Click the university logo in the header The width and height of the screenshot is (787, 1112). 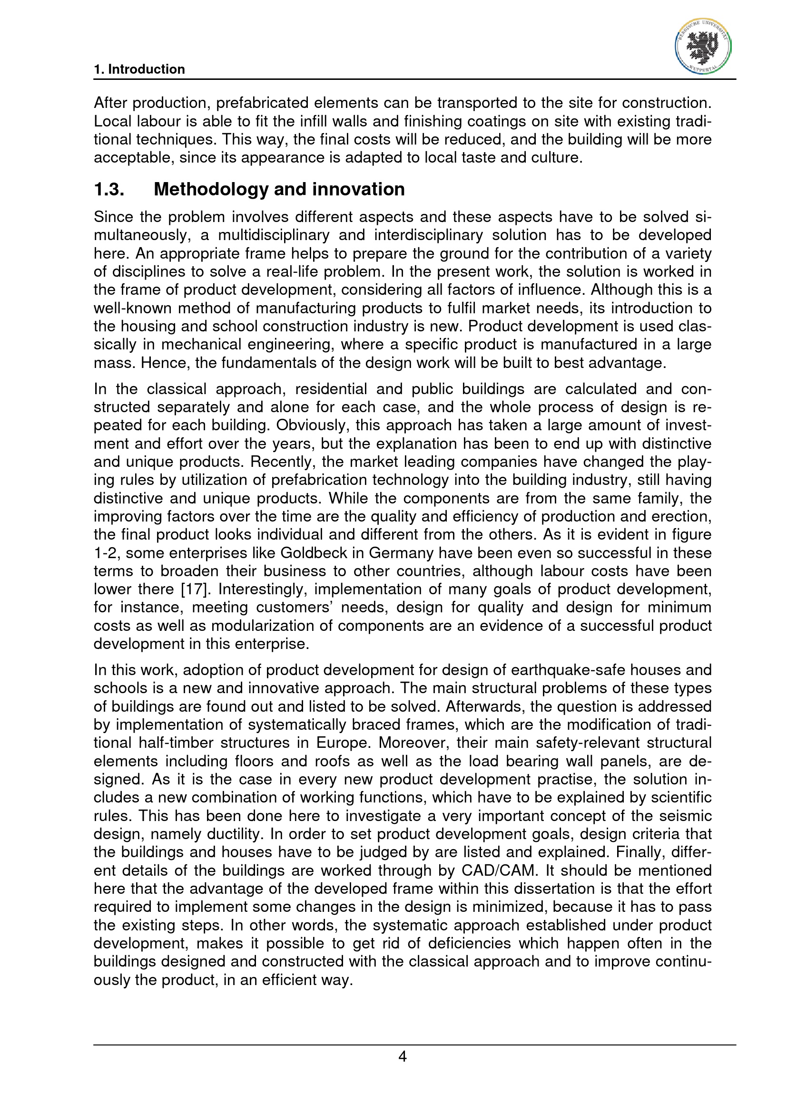point(703,47)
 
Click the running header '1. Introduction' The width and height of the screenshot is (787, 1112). point(139,69)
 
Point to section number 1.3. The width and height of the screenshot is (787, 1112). point(109,189)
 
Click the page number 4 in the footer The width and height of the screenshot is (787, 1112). point(402,1056)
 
